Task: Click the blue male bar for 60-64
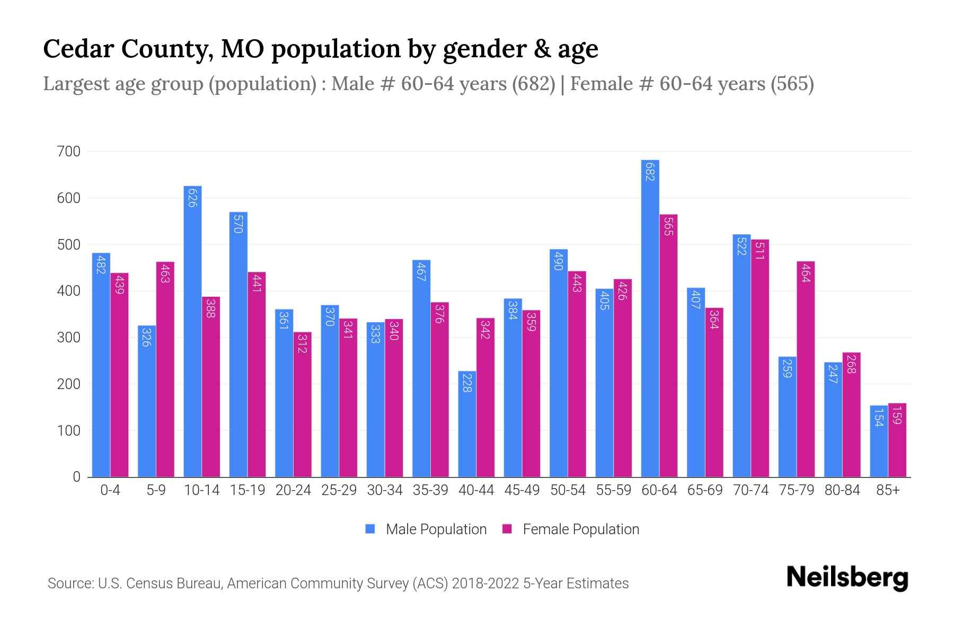tap(650, 318)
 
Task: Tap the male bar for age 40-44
tap(467, 424)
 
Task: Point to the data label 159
tap(897, 415)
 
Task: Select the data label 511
tap(759, 251)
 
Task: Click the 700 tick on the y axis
tap(68, 152)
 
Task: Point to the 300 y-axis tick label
tap(68, 338)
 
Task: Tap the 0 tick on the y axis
tap(76, 477)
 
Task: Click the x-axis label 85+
tap(888, 490)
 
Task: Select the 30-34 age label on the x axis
tap(385, 490)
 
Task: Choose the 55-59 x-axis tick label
tap(613, 490)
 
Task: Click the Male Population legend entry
tap(436, 529)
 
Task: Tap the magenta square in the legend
tap(507, 529)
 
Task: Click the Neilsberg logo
tap(847, 578)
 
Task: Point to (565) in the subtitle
tap(792, 84)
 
